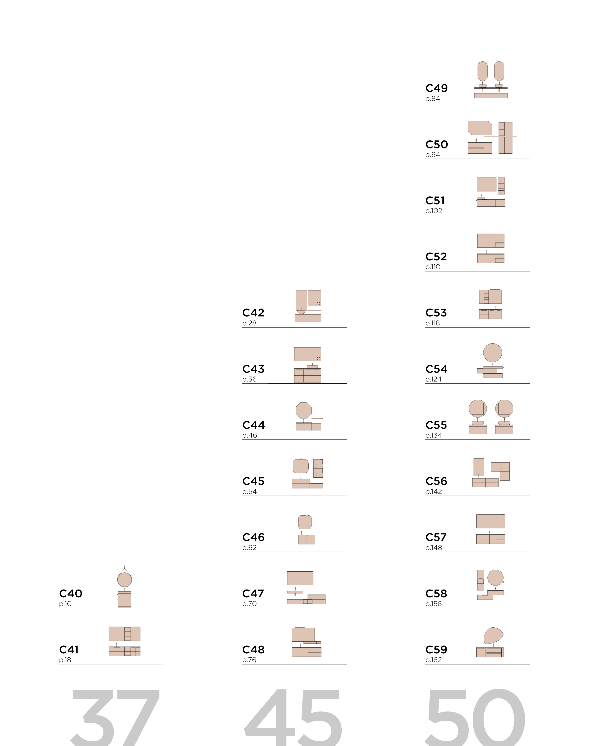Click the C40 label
click(x=71, y=593)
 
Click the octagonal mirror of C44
click(x=304, y=410)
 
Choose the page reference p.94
click(x=433, y=155)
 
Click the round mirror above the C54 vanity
click(x=492, y=353)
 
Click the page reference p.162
click(x=434, y=660)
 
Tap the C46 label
click(x=254, y=537)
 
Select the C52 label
click(x=436, y=257)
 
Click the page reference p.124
click(x=434, y=379)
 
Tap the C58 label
click(x=436, y=593)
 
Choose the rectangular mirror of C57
click(x=491, y=521)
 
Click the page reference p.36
click(x=249, y=379)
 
